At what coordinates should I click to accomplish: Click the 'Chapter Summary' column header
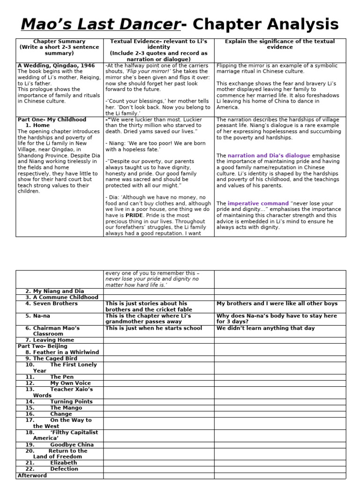[60, 42]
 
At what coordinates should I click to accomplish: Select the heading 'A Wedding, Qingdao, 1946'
[56, 66]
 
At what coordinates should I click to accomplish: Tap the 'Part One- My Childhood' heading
[52, 120]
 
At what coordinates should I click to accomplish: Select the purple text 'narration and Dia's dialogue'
[269, 155]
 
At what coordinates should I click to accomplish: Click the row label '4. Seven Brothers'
[52, 304]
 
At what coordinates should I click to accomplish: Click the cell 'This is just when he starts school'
[154, 328]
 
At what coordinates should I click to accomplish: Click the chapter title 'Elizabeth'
[63, 463]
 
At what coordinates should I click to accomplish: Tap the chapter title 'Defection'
[64, 469]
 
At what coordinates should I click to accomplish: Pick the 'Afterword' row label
[32, 475]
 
